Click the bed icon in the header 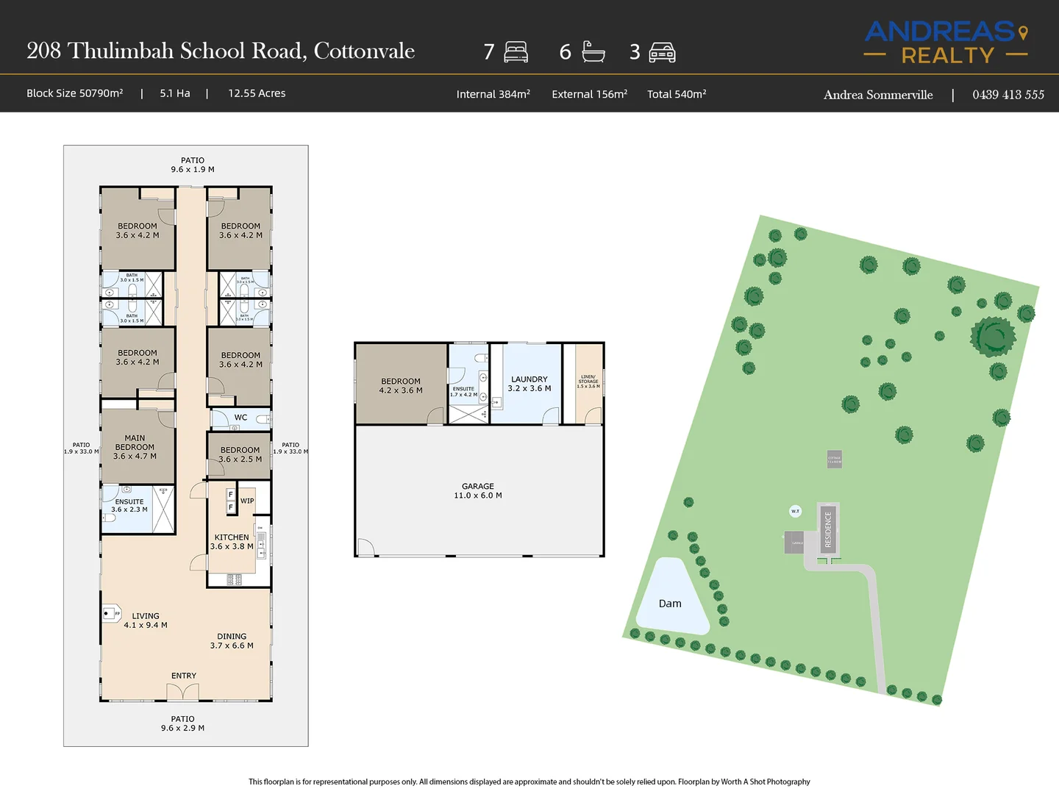point(516,51)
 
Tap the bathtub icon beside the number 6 point(593,51)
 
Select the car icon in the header point(662,52)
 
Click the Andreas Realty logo point(946,43)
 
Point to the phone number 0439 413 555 point(1008,95)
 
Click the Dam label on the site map point(670,604)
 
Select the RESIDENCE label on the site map point(828,529)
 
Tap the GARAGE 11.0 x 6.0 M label point(478,491)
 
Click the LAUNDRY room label point(529,384)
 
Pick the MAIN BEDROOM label point(135,447)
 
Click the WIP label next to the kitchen point(247,501)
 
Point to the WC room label point(240,418)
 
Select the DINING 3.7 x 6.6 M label point(232,641)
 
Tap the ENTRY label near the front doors point(184,676)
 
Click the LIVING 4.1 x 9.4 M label point(146,620)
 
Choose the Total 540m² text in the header point(677,94)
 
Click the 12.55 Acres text point(257,93)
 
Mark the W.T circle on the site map point(795,511)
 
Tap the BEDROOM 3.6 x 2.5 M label point(240,454)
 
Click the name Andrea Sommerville point(878,95)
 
